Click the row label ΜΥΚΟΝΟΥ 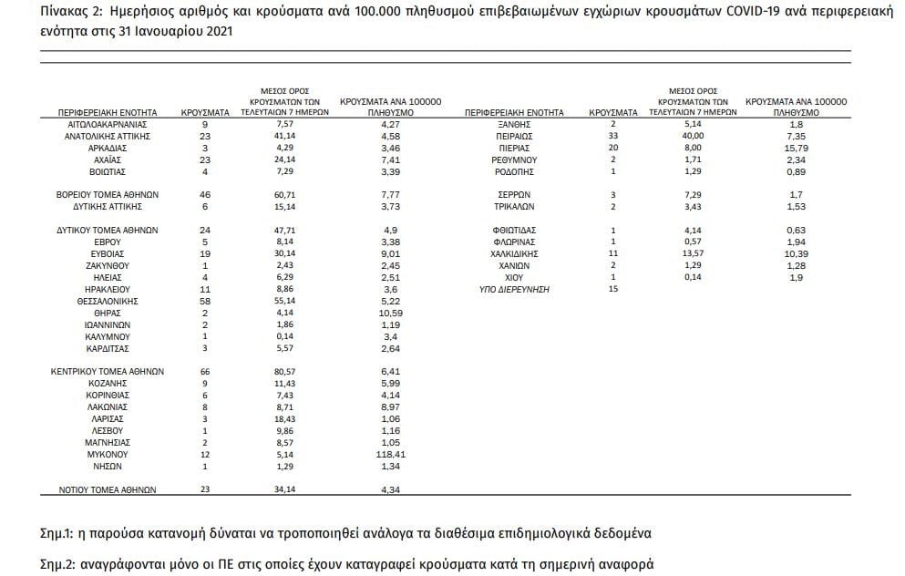tap(108, 454)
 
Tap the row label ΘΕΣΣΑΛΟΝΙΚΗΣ tap(108, 300)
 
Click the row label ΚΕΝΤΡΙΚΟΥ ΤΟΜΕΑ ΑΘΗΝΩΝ tap(108, 372)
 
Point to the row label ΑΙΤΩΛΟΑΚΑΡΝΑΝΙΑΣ tap(108, 123)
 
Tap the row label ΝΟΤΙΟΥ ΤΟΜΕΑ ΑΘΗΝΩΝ tap(108, 489)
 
